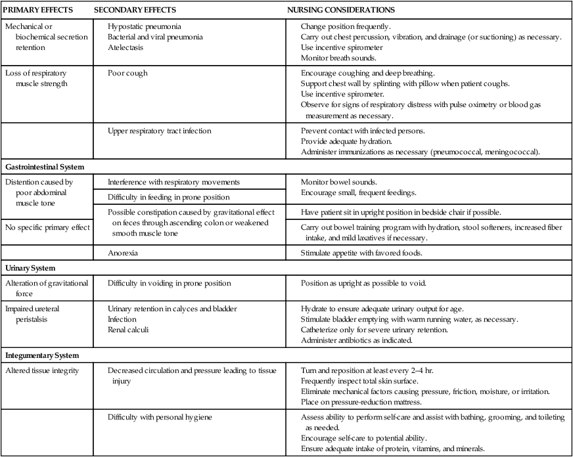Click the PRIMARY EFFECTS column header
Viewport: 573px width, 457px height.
pyautogui.click(x=38, y=11)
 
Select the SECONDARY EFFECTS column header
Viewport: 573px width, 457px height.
pyautogui.click(x=135, y=11)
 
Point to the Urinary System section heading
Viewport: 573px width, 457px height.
pyautogui.click(x=32, y=269)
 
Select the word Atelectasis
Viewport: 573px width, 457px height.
pyautogui.click(x=127, y=47)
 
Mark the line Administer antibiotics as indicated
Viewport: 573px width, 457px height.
pyautogui.click(x=357, y=340)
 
